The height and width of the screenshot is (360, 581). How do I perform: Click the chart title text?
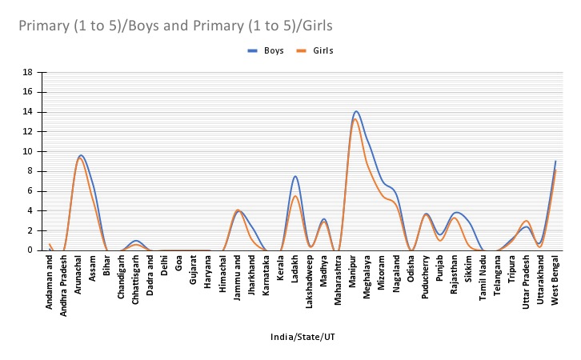coord(176,26)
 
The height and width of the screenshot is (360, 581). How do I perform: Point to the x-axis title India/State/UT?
coord(303,338)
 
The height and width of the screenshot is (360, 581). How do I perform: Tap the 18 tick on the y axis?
coord(27,72)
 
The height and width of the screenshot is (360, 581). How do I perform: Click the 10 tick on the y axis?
coord(27,151)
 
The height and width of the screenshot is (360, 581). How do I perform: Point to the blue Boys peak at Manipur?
coord(356,111)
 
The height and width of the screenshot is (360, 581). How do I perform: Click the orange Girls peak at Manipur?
coord(355,119)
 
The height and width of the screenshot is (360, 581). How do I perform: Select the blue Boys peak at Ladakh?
coord(295,176)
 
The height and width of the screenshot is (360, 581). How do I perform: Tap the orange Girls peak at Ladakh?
coord(295,196)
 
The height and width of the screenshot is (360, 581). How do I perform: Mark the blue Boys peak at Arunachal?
coord(81,155)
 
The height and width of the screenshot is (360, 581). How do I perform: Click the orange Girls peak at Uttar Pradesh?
coord(526,221)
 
